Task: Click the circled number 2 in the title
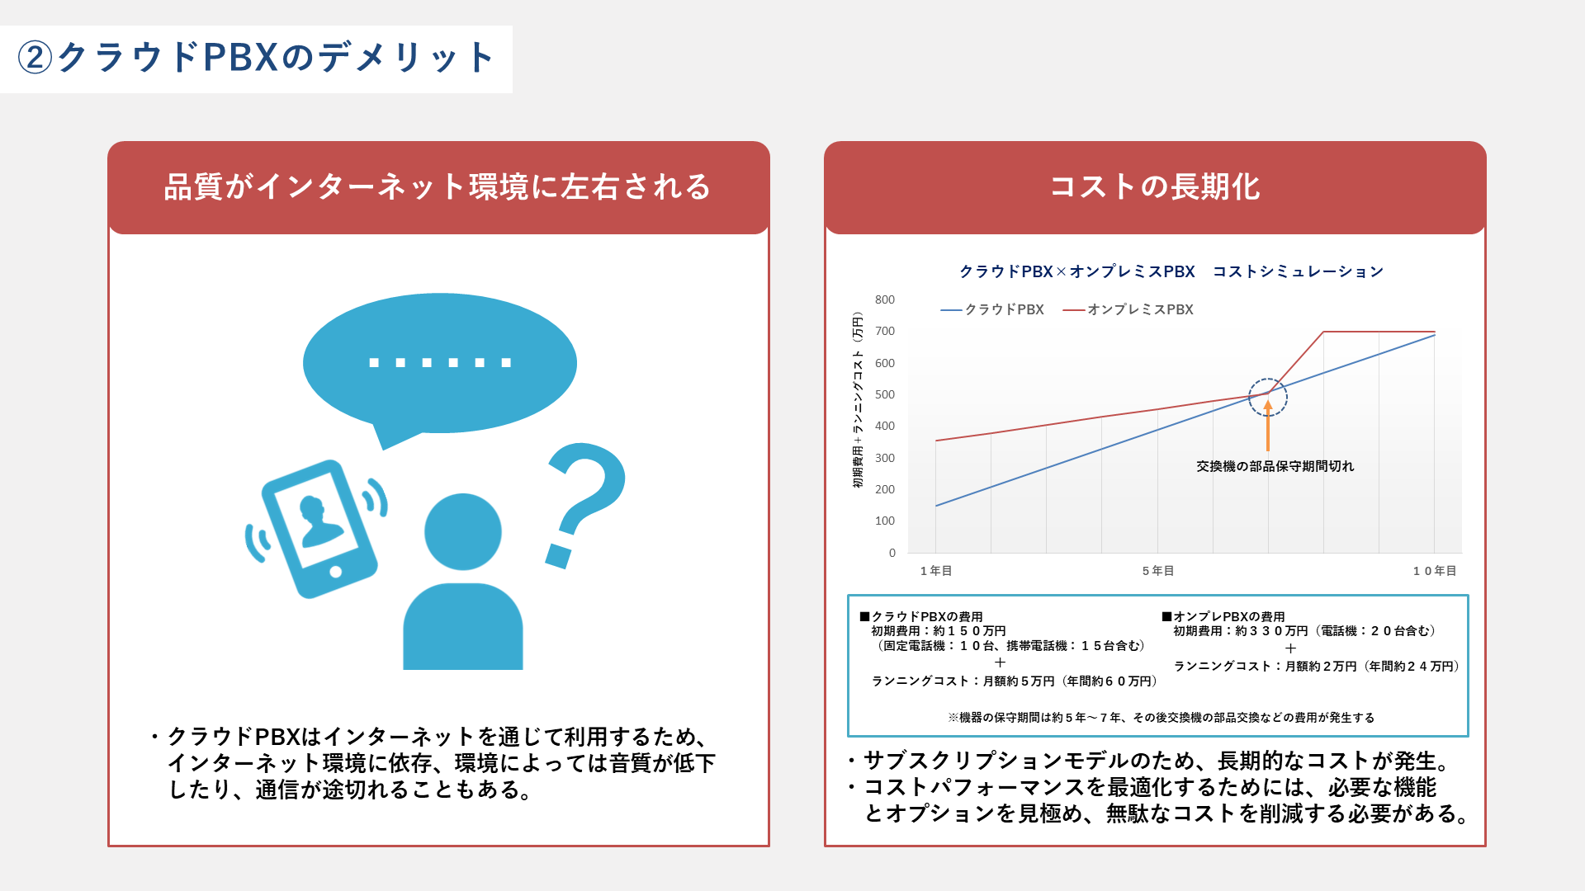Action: point(35,58)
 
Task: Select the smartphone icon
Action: point(319,529)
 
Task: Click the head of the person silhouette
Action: point(463,532)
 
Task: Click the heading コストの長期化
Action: point(1155,187)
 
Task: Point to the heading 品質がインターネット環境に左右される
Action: point(438,187)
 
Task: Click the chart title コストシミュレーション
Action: point(1298,271)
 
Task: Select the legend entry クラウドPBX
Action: point(992,309)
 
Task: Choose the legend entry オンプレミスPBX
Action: point(1128,309)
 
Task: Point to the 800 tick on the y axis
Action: point(885,299)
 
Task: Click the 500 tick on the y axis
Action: point(885,394)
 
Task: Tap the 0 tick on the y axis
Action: point(892,553)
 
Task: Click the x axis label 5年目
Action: point(1158,571)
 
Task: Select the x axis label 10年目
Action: point(1435,571)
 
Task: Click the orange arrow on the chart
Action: point(1268,426)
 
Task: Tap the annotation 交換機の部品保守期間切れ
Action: point(1275,467)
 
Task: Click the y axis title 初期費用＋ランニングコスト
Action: point(858,401)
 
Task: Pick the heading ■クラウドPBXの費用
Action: point(921,617)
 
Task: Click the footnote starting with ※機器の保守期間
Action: point(1162,718)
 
